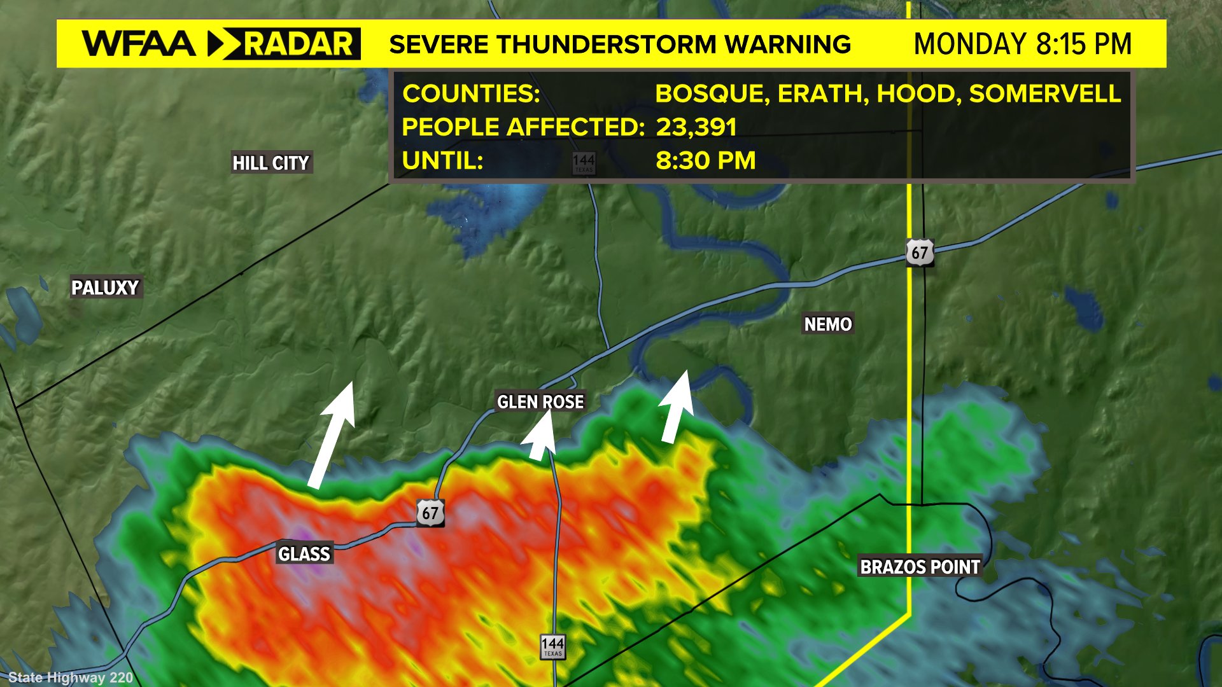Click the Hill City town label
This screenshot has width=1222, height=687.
click(x=270, y=163)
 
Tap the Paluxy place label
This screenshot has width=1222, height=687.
click(x=105, y=288)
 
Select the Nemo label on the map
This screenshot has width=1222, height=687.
click(x=827, y=324)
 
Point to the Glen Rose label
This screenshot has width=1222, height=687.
click(x=540, y=402)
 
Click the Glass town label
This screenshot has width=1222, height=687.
click(x=304, y=554)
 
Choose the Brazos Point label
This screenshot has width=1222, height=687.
click(x=920, y=567)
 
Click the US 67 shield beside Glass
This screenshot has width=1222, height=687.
click(x=430, y=513)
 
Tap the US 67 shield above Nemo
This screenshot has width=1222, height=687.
click(x=920, y=253)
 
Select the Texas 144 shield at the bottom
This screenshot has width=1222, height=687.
click(x=552, y=646)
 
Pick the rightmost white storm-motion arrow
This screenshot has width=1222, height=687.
click(x=676, y=407)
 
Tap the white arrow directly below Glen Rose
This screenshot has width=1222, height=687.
click(x=540, y=439)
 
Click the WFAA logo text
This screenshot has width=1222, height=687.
click(x=139, y=44)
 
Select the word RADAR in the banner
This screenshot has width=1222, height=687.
click(x=298, y=44)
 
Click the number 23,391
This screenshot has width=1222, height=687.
click(x=696, y=127)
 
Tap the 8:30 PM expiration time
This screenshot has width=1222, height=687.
click(x=705, y=160)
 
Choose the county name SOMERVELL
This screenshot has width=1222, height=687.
click(x=1044, y=94)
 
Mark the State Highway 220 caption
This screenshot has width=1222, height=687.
click(x=71, y=677)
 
